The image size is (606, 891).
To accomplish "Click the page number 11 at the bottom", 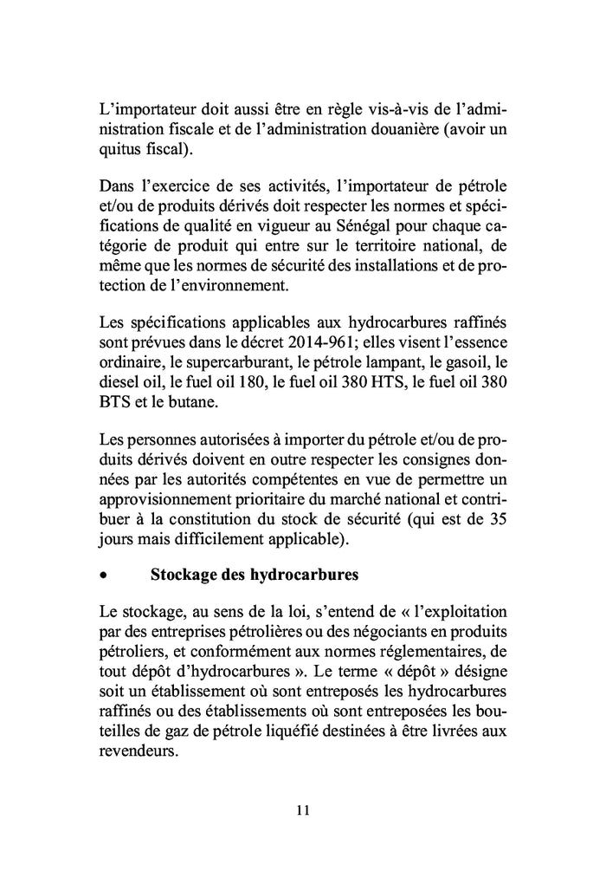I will [302, 810].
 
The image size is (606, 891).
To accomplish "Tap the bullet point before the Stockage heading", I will [103, 575].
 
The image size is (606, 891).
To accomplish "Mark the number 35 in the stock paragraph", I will [498, 521].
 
